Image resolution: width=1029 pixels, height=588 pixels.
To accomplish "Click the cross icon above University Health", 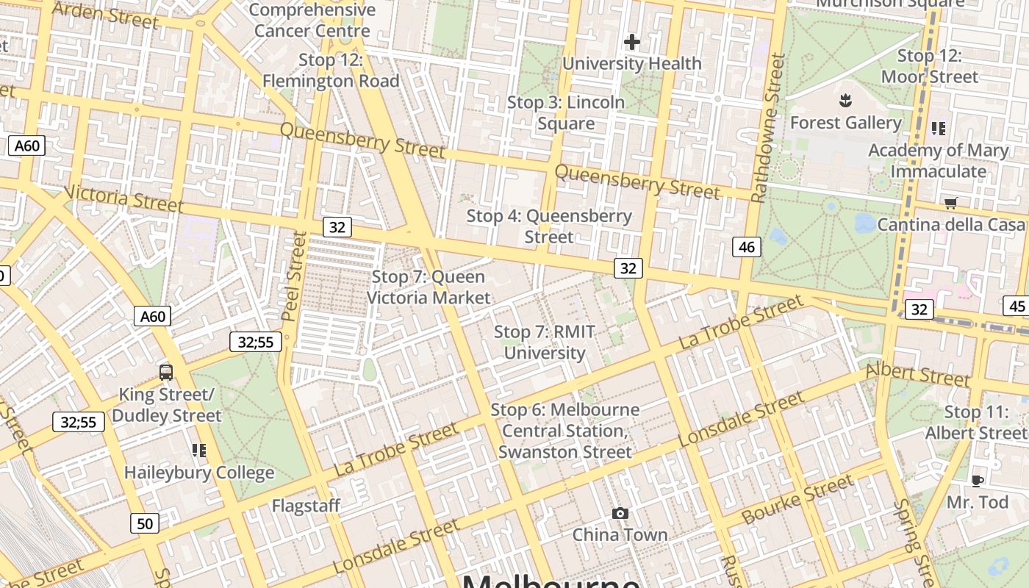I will (x=631, y=42).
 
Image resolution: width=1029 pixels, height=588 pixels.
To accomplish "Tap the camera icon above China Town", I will (x=620, y=513).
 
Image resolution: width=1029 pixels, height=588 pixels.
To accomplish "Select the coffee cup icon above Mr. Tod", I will (x=977, y=481).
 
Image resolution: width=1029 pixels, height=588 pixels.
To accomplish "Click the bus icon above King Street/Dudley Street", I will (x=166, y=372).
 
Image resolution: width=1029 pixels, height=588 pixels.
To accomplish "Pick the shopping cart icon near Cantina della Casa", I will (x=951, y=203).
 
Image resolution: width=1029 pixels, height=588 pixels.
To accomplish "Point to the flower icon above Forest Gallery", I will (x=845, y=100).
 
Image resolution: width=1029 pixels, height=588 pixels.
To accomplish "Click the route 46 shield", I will (x=747, y=247).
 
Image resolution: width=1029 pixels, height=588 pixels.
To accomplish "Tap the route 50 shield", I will (x=145, y=523).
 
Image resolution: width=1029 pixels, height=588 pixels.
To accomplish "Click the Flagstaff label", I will (x=306, y=506).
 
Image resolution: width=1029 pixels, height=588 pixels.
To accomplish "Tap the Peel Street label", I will (x=293, y=276).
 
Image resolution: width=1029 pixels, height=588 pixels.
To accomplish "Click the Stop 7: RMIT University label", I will (x=544, y=343).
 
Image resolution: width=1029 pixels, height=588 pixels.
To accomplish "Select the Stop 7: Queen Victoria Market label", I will (x=428, y=287).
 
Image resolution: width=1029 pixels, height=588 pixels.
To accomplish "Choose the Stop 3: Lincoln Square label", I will (x=566, y=112).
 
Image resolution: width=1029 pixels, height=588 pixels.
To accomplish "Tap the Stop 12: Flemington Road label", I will (x=331, y=71).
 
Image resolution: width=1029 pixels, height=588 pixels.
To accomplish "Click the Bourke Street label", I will (x=797, y=500).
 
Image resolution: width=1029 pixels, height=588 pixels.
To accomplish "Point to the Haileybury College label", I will (x=199, y=473).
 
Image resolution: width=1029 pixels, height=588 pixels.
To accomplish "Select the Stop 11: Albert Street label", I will (x=975, y=423).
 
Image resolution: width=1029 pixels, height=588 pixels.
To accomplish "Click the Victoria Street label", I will (x=123, y=198).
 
